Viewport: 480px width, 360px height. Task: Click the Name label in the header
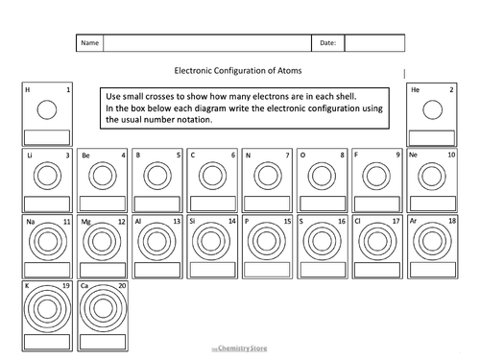pos(89,43)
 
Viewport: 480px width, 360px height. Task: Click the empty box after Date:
pos(368,43)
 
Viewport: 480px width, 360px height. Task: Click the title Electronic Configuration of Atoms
pos(240,70)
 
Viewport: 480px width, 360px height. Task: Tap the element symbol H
pos(27,90)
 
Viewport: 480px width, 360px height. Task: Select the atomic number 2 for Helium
pos(451,90)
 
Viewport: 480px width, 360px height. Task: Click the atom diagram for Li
pos(45,176)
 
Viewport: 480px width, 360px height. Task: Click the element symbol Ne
pos(414,155)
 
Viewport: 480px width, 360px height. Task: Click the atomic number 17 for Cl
pos(396,221)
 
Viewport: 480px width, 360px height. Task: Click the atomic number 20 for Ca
pos(121,286)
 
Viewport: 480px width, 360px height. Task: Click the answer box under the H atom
pos(45,135)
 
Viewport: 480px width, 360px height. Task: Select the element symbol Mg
pos(85,222)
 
